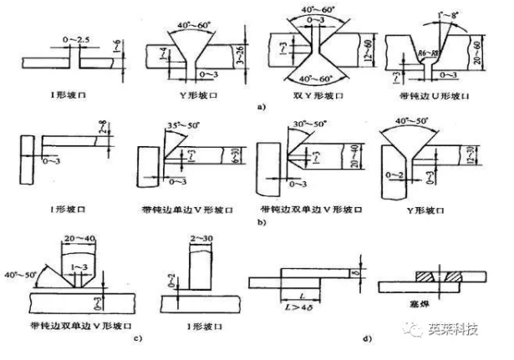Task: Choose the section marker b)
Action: (261, 224)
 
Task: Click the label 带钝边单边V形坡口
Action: (181, 206)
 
